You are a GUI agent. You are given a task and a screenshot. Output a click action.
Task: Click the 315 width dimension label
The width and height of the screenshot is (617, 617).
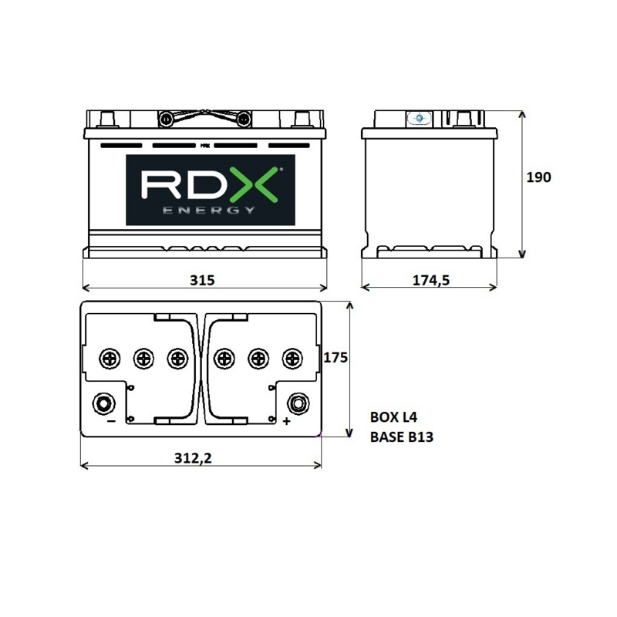pos(202,280)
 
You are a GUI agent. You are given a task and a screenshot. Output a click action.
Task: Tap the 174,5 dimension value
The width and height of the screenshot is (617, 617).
pos(431,280)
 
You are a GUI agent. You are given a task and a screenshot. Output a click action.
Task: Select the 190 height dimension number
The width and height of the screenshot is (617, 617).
pos(538,177)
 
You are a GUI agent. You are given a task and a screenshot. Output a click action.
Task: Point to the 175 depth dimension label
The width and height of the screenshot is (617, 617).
pos(335,357)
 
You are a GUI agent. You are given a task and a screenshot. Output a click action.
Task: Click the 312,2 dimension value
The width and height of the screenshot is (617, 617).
pos(193,458)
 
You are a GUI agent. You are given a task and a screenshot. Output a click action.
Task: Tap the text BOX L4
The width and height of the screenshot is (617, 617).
pos(393,417)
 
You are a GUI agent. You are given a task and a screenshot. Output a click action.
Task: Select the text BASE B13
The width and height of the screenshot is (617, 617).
pos(402,437)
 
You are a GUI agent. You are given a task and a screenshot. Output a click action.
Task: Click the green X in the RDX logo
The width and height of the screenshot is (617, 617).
pos(255,184)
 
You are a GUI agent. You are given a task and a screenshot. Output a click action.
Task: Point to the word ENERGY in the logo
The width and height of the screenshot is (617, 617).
pos(209,210)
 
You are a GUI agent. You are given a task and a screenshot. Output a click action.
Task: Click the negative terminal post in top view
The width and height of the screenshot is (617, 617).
pos(104,403)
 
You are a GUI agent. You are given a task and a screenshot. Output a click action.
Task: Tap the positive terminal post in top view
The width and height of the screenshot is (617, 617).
pos(298,403)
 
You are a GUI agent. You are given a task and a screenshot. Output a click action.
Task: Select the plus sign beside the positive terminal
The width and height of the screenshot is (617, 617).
pos(286,421)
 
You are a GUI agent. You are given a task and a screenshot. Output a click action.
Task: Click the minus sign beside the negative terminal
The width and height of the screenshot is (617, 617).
pos(111,421)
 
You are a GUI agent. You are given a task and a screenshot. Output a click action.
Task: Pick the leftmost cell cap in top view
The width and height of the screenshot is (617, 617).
pos(110,359)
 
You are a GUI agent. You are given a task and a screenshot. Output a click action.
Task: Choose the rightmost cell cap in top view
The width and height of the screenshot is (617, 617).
pos(292,359)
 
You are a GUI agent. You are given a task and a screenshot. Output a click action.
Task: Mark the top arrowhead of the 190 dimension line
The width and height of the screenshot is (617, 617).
pos(522,114)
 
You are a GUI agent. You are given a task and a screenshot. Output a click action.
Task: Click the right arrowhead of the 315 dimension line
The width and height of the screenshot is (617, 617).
pos(323,288)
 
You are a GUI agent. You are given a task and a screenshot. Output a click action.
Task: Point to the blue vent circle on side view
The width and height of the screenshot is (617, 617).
pos(419,118)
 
